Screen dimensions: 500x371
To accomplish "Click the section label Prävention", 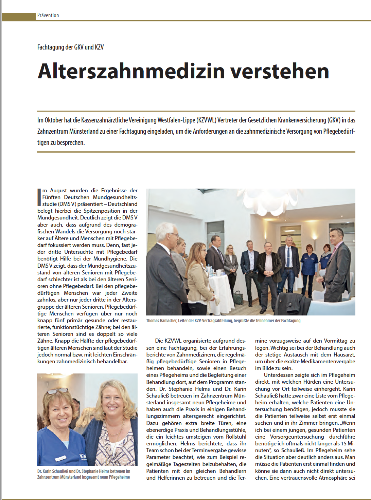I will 48,15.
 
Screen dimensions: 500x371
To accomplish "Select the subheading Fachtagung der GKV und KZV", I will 70,47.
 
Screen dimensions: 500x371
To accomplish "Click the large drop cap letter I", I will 39,197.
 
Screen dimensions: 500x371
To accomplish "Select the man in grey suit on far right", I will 338,265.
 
